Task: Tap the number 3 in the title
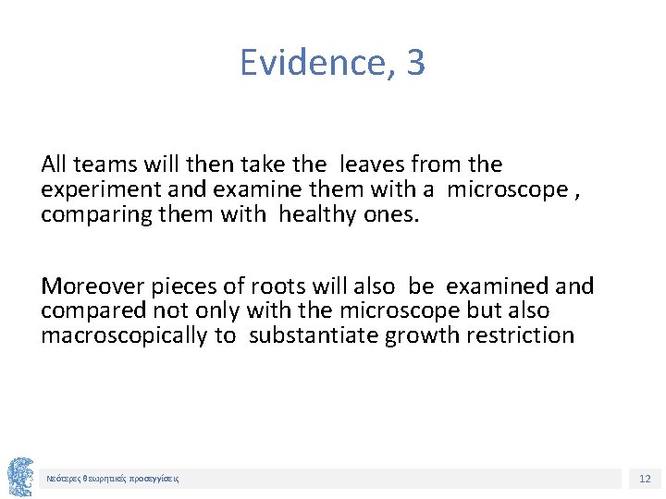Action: click(x=415, y=63)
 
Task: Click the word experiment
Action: click(x=95, y=190)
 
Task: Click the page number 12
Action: click(x=645, y=478)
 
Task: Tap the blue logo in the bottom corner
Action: click(x=19, y=476)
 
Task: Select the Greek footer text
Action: click(x=113, y=479)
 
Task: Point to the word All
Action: click(x=54, y=164)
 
